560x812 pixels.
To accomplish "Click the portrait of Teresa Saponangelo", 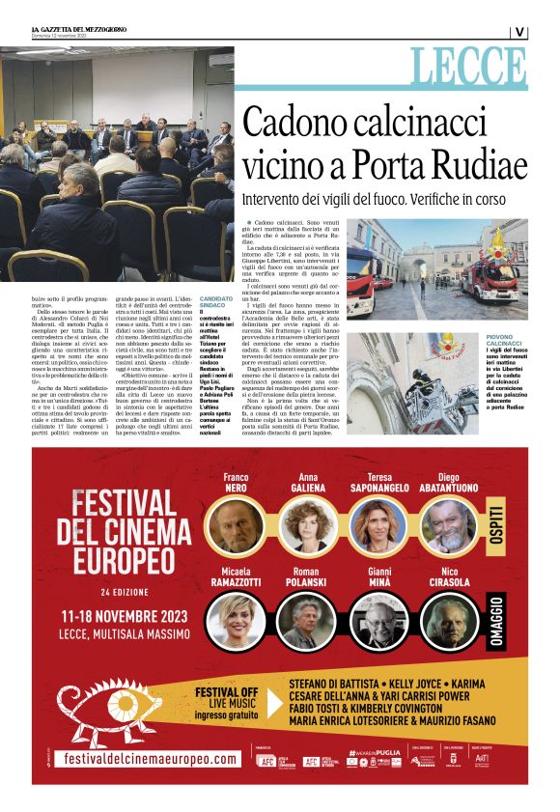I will (378, 525).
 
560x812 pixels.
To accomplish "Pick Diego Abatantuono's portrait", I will (448, 525).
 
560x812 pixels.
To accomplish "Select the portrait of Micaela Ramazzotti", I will (237, 620).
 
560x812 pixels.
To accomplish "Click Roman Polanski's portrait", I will (307, 620).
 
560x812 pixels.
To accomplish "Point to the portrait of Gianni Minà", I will (378, 620).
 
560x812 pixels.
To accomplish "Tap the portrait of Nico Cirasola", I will (448, 620).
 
